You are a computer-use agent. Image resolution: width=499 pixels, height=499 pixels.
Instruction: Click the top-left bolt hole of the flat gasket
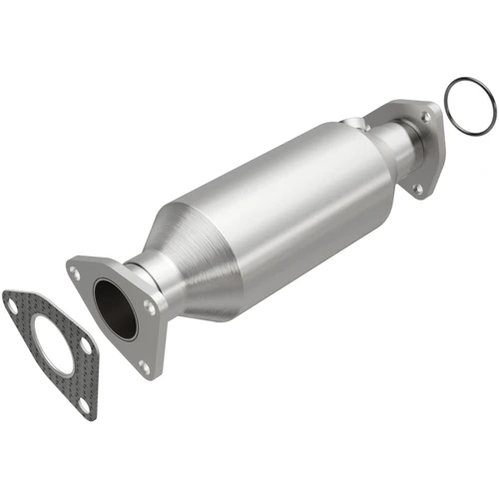[13, 305]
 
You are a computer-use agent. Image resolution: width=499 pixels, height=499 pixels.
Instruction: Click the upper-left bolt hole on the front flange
[76, 268]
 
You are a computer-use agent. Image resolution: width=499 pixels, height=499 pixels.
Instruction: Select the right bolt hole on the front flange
[149, 307]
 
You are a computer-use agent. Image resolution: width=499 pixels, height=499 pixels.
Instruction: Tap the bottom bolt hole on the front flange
[145, 366]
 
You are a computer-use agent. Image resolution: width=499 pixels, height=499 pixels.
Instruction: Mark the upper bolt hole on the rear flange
[426, 117]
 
